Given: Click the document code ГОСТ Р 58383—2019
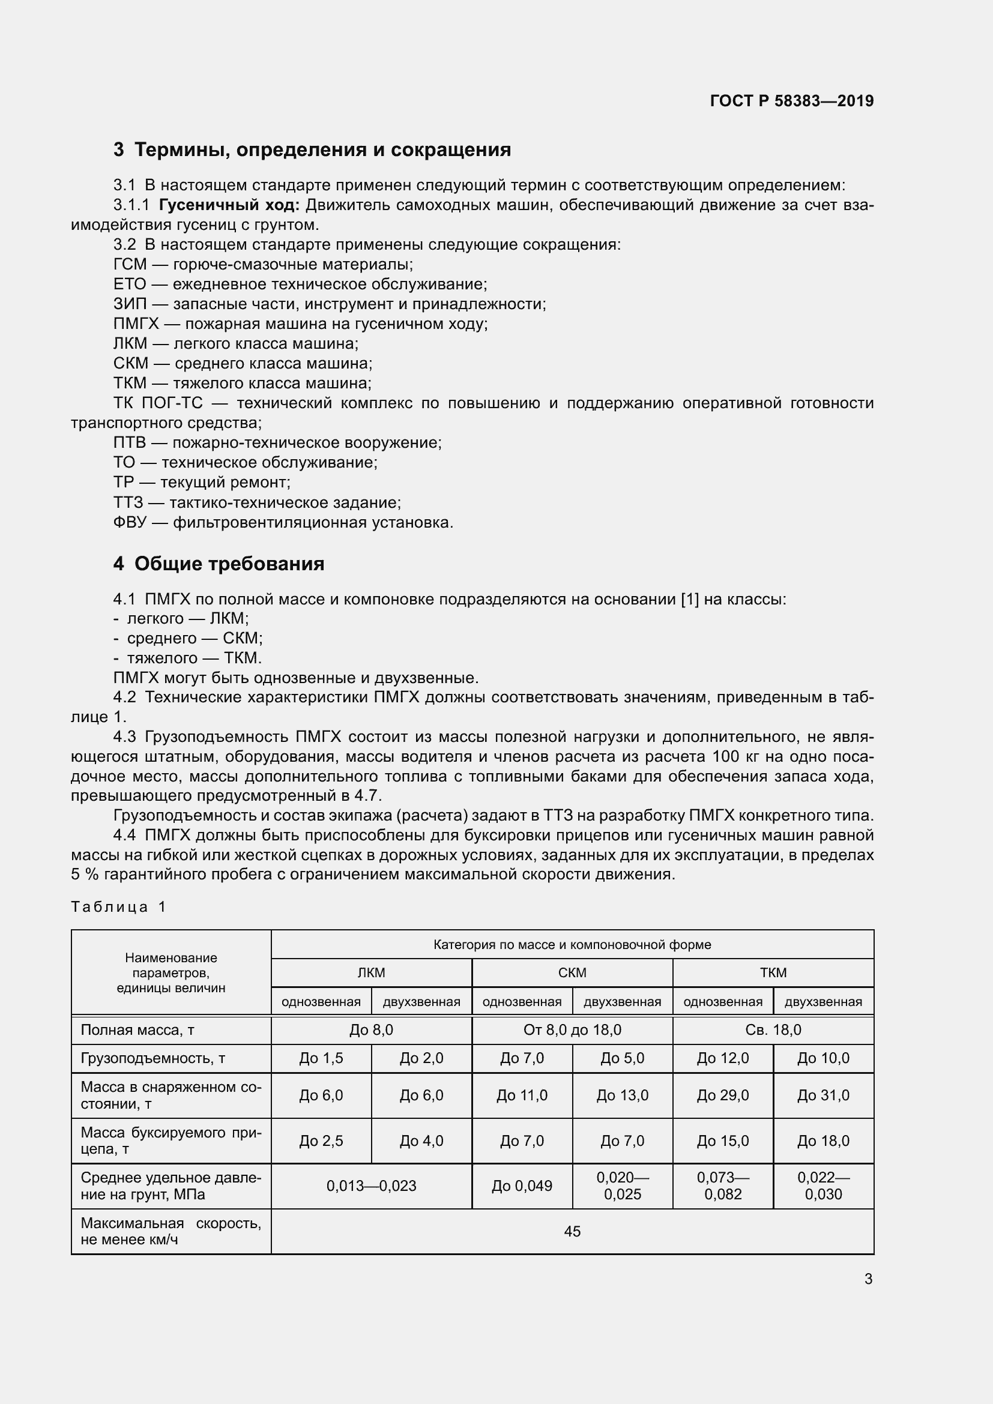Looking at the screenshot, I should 792,101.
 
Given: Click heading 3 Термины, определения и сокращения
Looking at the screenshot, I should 312,149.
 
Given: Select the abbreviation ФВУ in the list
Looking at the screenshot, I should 130,523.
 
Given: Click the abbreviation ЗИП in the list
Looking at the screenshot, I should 130,304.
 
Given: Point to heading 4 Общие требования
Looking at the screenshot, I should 219,563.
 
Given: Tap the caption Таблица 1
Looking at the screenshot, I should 119,906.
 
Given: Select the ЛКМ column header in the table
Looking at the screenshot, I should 371,972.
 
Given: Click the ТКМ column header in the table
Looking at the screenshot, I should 773,972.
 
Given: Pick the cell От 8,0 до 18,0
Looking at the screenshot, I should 572,1030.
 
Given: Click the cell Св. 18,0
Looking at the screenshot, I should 773,1030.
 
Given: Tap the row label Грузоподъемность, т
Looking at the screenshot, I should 153,1058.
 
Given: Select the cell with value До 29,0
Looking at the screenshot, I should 723,1095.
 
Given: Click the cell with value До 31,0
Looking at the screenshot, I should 823,1095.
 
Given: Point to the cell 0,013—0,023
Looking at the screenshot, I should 371,1186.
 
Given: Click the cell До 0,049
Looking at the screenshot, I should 522,1186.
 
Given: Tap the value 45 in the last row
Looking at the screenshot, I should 572,1231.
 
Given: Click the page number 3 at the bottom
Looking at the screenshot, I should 868,1279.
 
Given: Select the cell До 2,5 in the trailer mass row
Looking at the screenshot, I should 321,1140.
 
